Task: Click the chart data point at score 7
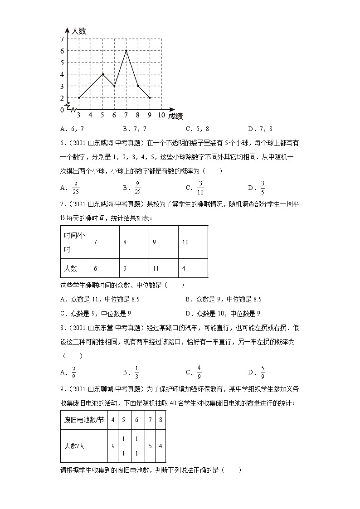[x=126, y=50]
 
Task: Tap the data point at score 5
[x=102, y=74]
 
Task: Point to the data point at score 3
[x=79, y=97]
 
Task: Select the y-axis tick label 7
[x=62, y=39]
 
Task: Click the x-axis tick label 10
[x=161, y=115]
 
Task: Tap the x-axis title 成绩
[x=175, y=116]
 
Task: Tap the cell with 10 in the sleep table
[x=185, y=242]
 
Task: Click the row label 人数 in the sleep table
[x=70, y=268]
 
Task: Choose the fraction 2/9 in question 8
[x=73, y=373]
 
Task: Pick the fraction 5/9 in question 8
[x=262, y=373]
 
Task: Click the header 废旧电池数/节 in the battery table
[x=84, y=420]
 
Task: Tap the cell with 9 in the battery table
[x=113, y=446]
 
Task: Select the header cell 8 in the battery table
[x=161, y=420]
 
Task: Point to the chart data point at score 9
[x=150, y=97]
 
